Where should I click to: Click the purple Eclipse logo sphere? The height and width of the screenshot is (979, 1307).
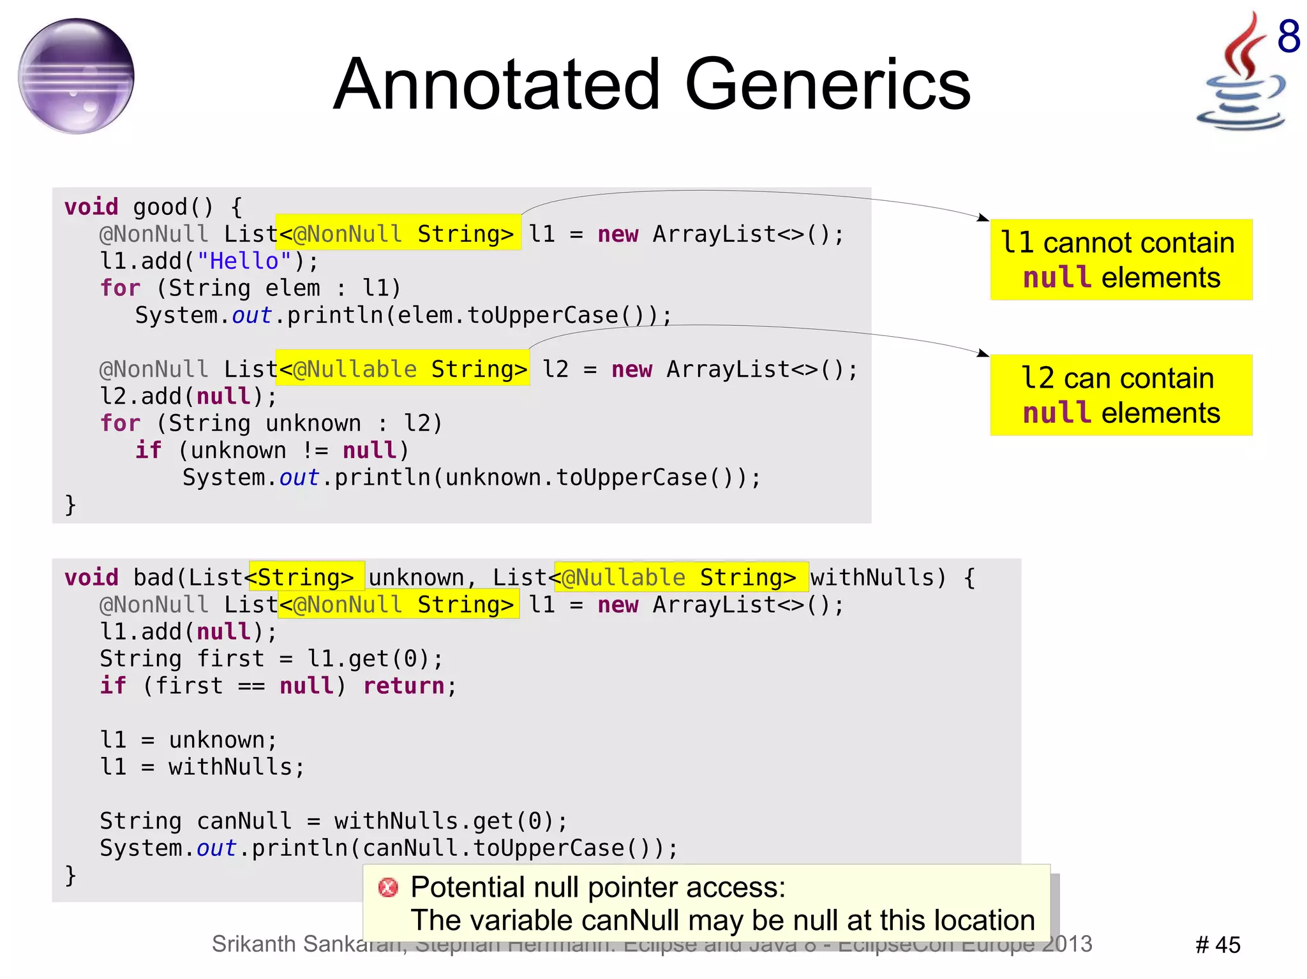click(x=76, y=76)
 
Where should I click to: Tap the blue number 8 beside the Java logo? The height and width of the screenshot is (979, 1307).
click(x=1288, y=36)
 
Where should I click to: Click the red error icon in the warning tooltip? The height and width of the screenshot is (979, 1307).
click(x=388, y=887)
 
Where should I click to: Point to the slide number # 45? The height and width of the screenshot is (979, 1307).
click(x=1218, y=945)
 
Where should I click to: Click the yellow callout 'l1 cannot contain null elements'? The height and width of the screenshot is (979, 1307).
click(x=1121, y=260)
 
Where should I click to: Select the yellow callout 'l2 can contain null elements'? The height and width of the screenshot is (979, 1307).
click(x=1121, y=395)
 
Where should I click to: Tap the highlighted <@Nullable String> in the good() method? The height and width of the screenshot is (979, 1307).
click(x=403, y=369)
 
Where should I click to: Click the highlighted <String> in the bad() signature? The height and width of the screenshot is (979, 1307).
click(x=306, y=577)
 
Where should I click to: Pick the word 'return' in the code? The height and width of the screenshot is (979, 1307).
click(x=403, y=686)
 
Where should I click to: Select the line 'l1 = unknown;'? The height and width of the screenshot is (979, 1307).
click(x=188, y=740)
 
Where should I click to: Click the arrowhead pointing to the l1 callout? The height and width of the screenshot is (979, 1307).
click(x=983, y=218)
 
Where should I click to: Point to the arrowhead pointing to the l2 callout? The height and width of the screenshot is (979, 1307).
click(x=983, y=353)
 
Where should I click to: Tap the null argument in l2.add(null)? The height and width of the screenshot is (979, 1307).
click(x=223, y=397)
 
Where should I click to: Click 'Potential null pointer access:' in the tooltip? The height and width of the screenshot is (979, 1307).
click(x=598, y=887)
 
